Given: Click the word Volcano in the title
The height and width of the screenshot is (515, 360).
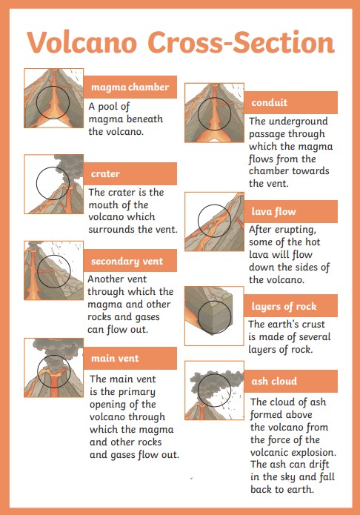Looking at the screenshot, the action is point(81,42).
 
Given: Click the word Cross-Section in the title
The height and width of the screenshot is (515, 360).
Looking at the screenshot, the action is point(241,42).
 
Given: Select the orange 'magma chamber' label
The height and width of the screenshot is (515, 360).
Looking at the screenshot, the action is point(130,87).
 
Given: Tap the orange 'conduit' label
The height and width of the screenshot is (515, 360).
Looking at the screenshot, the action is point(290,102).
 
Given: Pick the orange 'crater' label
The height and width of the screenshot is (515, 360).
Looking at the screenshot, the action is point(130,173).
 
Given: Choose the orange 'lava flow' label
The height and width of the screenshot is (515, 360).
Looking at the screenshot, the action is point(290,211).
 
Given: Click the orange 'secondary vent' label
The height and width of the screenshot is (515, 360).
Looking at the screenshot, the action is point(130,261).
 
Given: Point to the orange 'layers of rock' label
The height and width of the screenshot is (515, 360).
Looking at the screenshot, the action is point(290,306).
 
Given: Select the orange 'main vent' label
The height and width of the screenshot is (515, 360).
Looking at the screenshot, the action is point(130,358).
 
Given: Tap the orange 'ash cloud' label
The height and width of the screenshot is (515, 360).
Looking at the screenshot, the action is point(290,381).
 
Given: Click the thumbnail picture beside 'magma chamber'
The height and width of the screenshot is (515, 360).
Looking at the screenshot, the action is point(53,98).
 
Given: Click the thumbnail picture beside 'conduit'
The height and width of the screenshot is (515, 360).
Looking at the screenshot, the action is point(214,113).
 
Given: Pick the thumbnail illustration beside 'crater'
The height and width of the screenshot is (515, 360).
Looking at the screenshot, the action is point(53,184).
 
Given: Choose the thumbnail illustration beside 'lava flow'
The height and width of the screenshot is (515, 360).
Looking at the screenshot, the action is point(214,222).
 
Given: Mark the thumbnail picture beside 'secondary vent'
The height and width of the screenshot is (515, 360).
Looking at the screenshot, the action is point(53,270).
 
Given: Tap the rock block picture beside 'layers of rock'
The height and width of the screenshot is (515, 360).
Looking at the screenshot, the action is point(214,316).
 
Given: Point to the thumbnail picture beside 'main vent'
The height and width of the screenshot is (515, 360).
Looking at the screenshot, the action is point(53,368).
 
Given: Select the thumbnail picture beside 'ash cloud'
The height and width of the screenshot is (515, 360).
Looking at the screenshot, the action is point(214,391).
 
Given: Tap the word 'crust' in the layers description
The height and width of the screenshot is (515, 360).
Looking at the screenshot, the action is point(311,325).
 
